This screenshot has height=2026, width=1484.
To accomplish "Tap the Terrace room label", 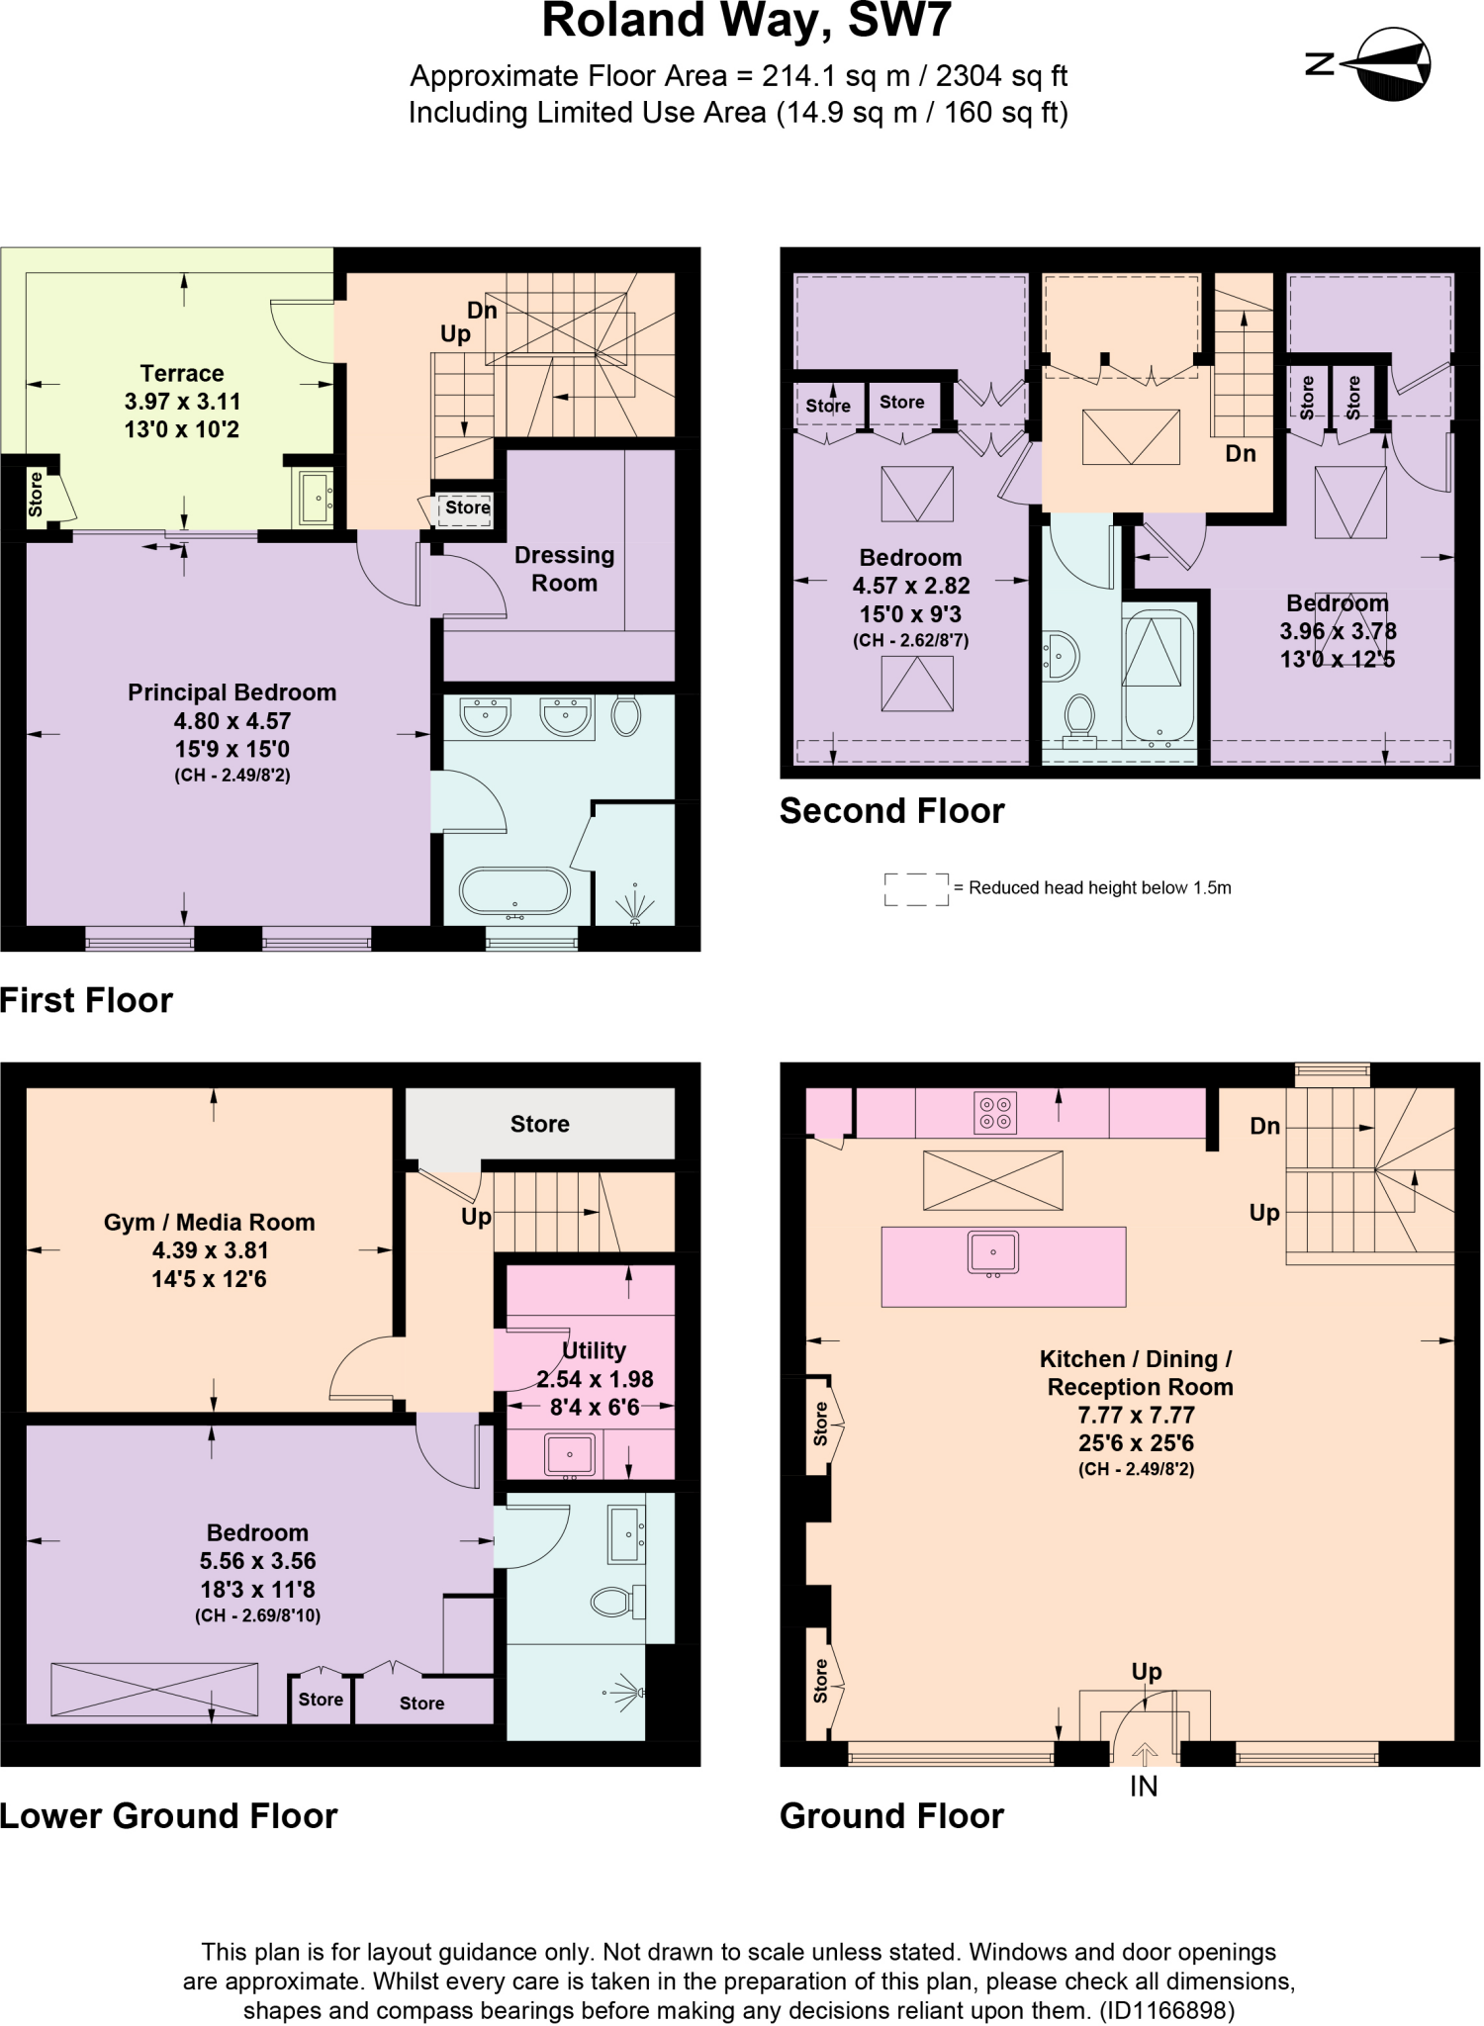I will tap(182, 374).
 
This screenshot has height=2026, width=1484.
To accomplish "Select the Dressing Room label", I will tap(564, 569).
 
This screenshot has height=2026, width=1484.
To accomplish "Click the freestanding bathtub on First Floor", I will tap(514, 892).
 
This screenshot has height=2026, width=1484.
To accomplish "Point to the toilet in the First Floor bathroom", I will tap(625, 714).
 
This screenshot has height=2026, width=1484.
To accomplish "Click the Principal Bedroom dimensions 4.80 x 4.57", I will tap(232, 721).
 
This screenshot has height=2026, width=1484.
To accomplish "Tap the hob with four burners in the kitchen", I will tap(994, 1112).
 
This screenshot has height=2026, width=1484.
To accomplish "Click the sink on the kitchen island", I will tap(993, 1253).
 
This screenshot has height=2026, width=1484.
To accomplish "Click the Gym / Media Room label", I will tap(209, 1223).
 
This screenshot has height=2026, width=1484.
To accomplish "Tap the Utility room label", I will tap(594, 1350).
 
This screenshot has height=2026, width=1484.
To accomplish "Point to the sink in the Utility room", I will tap(569, 1454).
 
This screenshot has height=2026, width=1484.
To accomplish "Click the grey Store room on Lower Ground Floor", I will tap(540, 1124).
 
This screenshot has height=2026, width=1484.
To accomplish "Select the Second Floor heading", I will tap(891, 811).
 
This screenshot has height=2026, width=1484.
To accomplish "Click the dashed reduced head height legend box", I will tap(916, 889).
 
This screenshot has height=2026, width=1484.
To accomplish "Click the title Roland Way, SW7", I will tap(746, 22).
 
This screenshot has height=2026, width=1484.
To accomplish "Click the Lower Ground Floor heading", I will tap(169, 1816).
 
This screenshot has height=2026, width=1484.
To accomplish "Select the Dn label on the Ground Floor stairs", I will tap(1264, 1126).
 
